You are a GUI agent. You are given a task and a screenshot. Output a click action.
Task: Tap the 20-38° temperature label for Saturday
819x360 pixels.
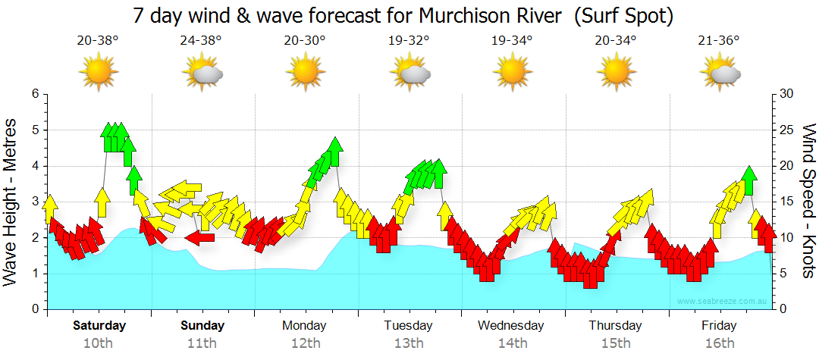click(98, 41)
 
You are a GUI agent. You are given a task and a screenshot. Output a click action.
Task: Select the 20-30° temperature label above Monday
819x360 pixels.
click(305, 41)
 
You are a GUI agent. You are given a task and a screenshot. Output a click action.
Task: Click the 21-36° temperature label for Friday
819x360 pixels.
click(719, 41)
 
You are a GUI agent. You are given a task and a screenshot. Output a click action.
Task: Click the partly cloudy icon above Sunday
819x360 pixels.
click(202, 73)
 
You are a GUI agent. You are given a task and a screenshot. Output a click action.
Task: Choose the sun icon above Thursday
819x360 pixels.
click(616, 72)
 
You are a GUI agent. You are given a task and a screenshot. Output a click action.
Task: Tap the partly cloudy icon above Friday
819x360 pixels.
click(720, 73)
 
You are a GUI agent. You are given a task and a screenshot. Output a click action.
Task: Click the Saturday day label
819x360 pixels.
click(99, 326)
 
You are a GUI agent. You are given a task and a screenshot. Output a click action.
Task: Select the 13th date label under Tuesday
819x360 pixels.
click(408, 343)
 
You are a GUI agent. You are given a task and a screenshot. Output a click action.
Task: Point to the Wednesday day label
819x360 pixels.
click(511, 326)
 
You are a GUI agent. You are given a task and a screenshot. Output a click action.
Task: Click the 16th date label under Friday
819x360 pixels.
click(719, 343)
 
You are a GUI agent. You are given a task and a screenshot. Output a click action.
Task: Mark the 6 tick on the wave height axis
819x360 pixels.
click(34, 94)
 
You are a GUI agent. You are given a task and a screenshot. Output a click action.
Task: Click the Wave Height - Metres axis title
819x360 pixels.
click(11, 202)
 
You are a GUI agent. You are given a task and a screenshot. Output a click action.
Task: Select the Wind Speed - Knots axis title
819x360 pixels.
click(808, 202)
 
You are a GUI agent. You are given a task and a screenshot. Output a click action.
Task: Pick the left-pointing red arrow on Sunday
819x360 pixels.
click(199, 238)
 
